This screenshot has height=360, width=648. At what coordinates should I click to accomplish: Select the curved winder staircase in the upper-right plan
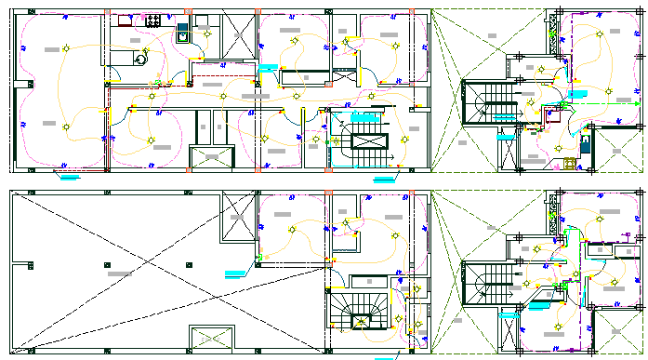point(483,103)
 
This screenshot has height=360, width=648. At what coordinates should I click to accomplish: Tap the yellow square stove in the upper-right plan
point(569,164)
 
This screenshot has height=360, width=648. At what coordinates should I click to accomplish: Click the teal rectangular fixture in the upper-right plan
point(586,145)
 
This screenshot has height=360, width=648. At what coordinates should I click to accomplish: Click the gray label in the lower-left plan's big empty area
point(120,274)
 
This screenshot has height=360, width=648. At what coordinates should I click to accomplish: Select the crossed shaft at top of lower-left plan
point(236,221)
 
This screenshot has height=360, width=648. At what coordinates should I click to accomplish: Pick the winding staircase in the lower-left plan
point(358,311)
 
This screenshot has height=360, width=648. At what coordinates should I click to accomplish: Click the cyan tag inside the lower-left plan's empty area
point(236,272)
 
